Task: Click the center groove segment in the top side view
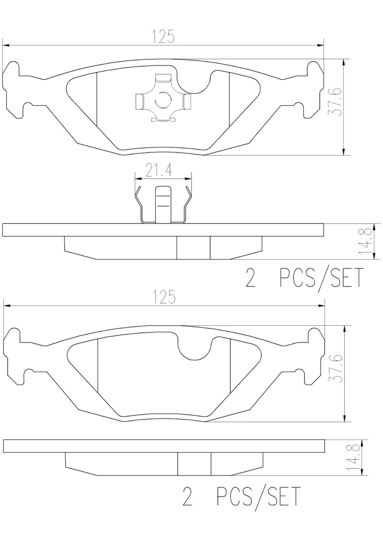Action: click(193, 248)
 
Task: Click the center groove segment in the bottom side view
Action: click(194, 464)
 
